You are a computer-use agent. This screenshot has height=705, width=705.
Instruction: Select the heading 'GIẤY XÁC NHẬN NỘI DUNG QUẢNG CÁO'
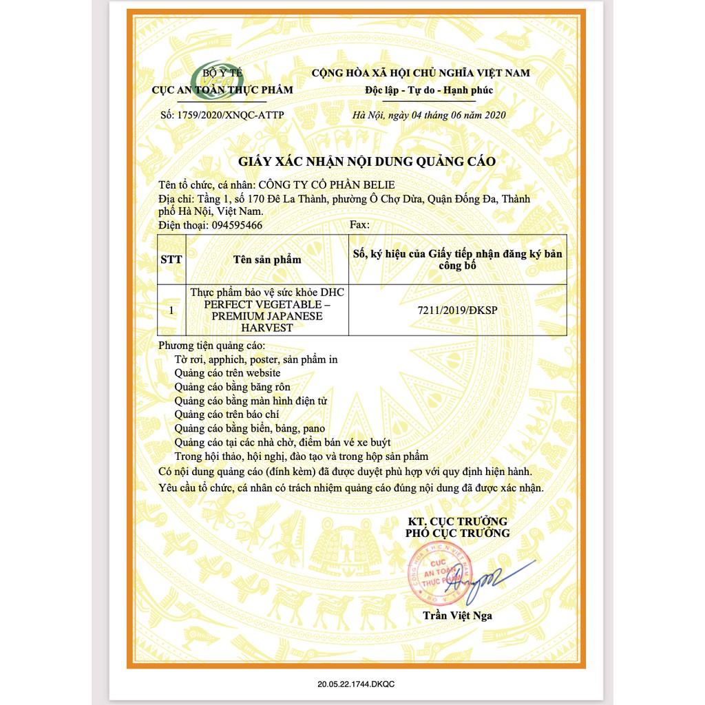pyautogui.click(x=367, y=161)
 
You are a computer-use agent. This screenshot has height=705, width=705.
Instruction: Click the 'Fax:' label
pyautogui.click(x=360, y=225)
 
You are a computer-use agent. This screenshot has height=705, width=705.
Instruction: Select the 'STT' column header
pyautogui.click(x=171, y=260)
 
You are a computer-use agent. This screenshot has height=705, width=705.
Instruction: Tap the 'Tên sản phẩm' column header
pyautogui.click(x=267, y=260)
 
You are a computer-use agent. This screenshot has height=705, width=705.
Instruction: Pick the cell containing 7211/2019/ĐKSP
pyautogui.click(x=457, y=311)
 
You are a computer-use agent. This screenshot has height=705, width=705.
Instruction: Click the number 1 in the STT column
pyautogui.click(x=171, y=311)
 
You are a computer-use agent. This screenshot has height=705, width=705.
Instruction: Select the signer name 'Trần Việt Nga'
pyautogui.click(x=458, y=615)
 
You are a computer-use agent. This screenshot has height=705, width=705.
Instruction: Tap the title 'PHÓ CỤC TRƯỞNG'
pyautogui.click(x=457, y=533)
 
